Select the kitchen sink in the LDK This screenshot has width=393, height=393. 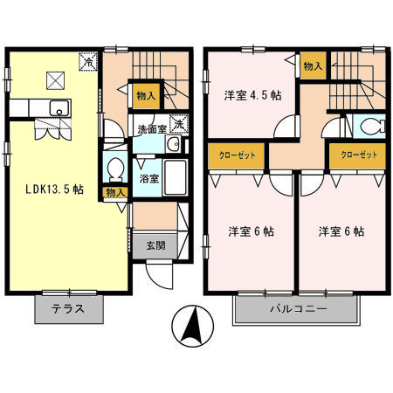point(59,109)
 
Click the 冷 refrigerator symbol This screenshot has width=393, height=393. point(89,61)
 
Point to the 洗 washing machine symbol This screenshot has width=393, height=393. point(176,125)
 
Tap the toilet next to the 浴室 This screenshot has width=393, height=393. point(114,166)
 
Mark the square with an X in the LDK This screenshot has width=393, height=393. point(57,80)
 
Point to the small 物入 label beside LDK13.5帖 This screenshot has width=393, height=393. point(114,192)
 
